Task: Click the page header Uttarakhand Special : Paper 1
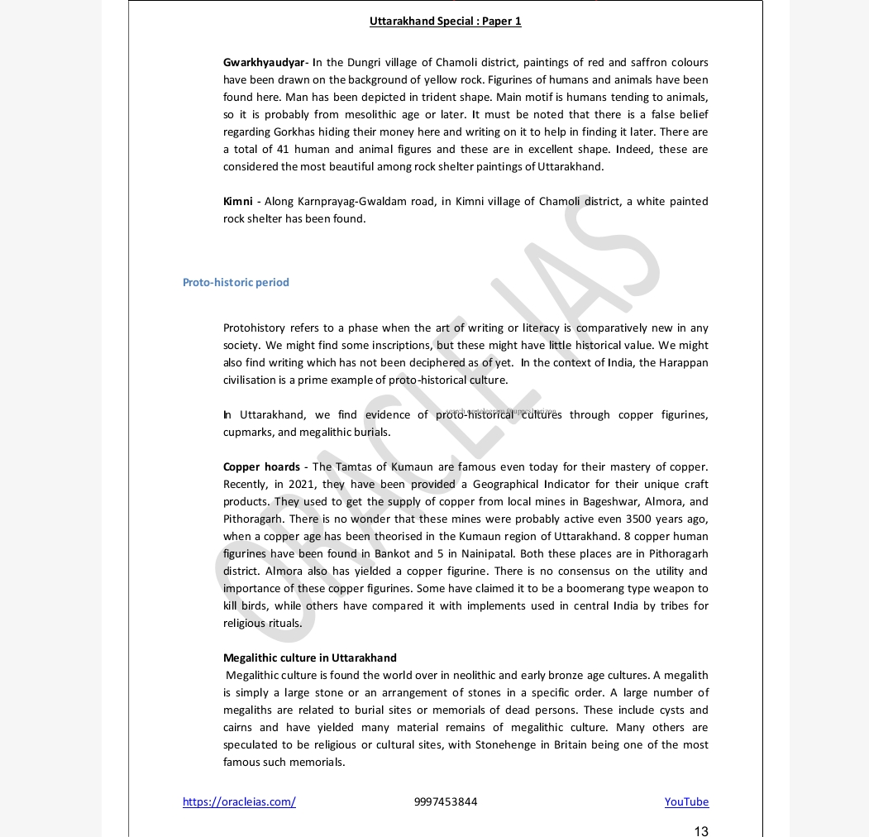pos(445,22)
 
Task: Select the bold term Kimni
pos(238,202)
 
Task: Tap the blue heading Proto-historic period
pos(236,283)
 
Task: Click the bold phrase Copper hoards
pos(261,467)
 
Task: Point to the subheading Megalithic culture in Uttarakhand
pos(310,658)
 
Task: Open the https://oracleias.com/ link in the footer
pos(239,802)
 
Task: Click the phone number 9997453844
pos(445,802)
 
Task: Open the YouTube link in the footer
pos(686,802)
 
